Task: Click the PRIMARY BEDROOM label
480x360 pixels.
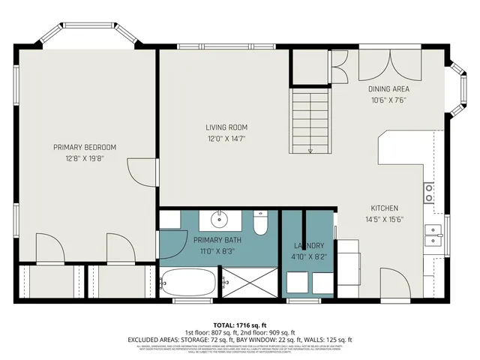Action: point(84,147)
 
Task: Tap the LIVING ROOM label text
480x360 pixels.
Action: point(226,127)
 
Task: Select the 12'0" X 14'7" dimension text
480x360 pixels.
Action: point(226,138)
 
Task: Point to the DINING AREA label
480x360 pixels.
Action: point(388,89)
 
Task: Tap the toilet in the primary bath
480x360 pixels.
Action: point(260,223)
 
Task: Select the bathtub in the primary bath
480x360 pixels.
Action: point(188,283)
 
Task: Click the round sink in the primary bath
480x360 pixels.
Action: point(220,220)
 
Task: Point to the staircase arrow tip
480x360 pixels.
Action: point(310,150)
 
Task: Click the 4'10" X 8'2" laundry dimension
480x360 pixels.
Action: point(308,256)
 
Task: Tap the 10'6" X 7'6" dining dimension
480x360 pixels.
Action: point(388,100)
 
